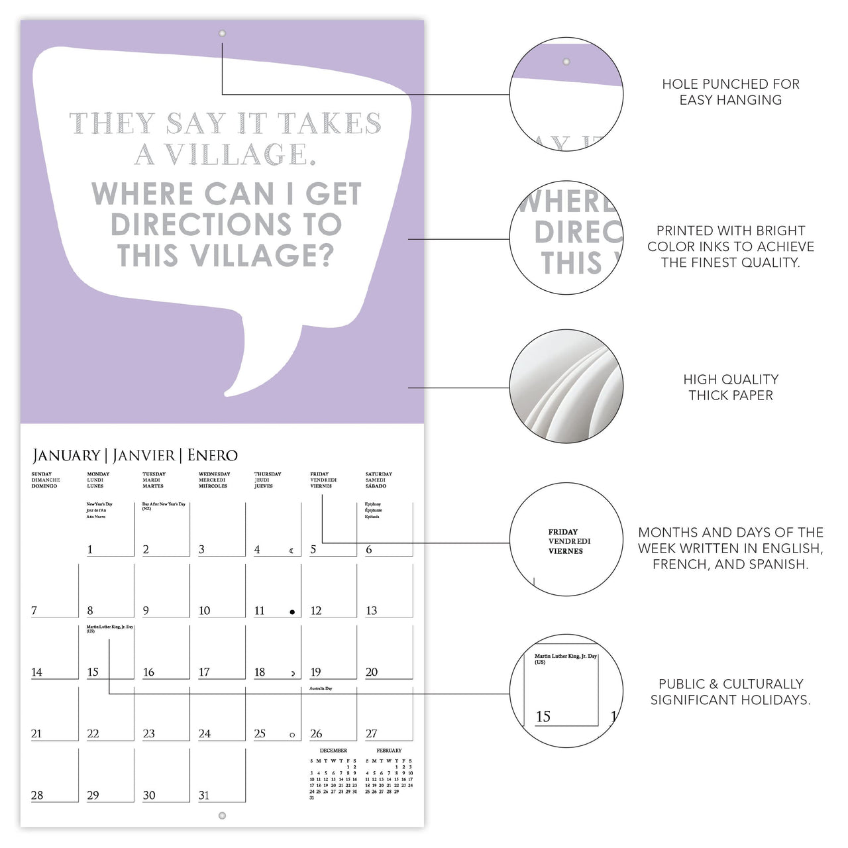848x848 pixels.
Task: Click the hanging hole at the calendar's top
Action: tap(222, 33)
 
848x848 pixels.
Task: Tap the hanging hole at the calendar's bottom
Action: tap(222, 816)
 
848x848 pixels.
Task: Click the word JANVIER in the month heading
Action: tap(144, 456)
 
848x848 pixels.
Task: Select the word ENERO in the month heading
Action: tap(212, 456)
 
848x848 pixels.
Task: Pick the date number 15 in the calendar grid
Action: tap(93, 672)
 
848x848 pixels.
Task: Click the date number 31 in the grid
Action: tap(204, 795)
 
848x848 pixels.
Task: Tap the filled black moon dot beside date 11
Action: tap(292, 612)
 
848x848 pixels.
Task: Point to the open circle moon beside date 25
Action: tap(292, 735)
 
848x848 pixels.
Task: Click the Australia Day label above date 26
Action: tap(321, 688)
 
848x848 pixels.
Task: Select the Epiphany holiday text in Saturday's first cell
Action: tap(373, 504)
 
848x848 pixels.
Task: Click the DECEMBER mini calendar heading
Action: tap(333, 751)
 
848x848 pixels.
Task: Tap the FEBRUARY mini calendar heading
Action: tap(389, 751)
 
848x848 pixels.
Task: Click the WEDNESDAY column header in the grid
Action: tap(215, 474)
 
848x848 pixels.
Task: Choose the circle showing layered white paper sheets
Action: tap(566, 386)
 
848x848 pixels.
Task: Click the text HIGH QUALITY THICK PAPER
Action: tap(731, 388)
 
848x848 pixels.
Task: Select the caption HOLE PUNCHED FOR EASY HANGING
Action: tap(731, 92)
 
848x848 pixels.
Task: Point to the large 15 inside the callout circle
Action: tap(543, 716)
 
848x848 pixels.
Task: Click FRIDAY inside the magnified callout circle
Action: tap(563, 532)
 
